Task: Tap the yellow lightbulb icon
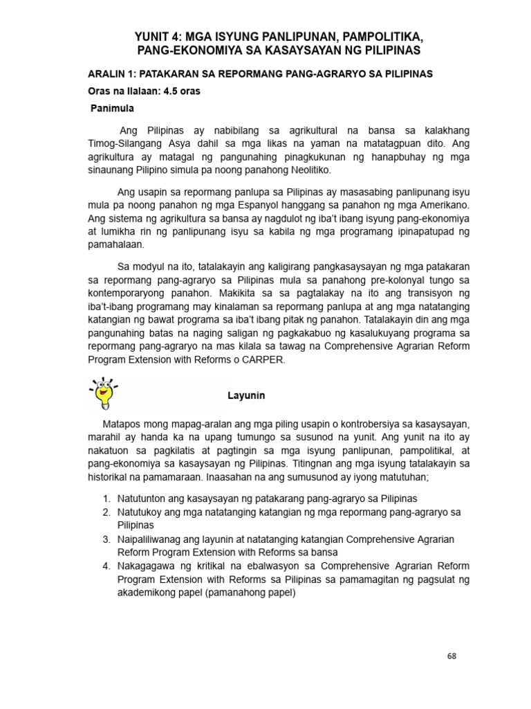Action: (103, 393)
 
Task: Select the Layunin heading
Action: (247, 396)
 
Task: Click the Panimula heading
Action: (113, 109)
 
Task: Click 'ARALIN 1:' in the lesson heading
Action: (115, 74)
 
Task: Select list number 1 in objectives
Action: (107, 499)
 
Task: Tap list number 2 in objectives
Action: (107, 512)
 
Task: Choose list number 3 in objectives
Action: (107, 539)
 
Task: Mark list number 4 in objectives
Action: (107, 566)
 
